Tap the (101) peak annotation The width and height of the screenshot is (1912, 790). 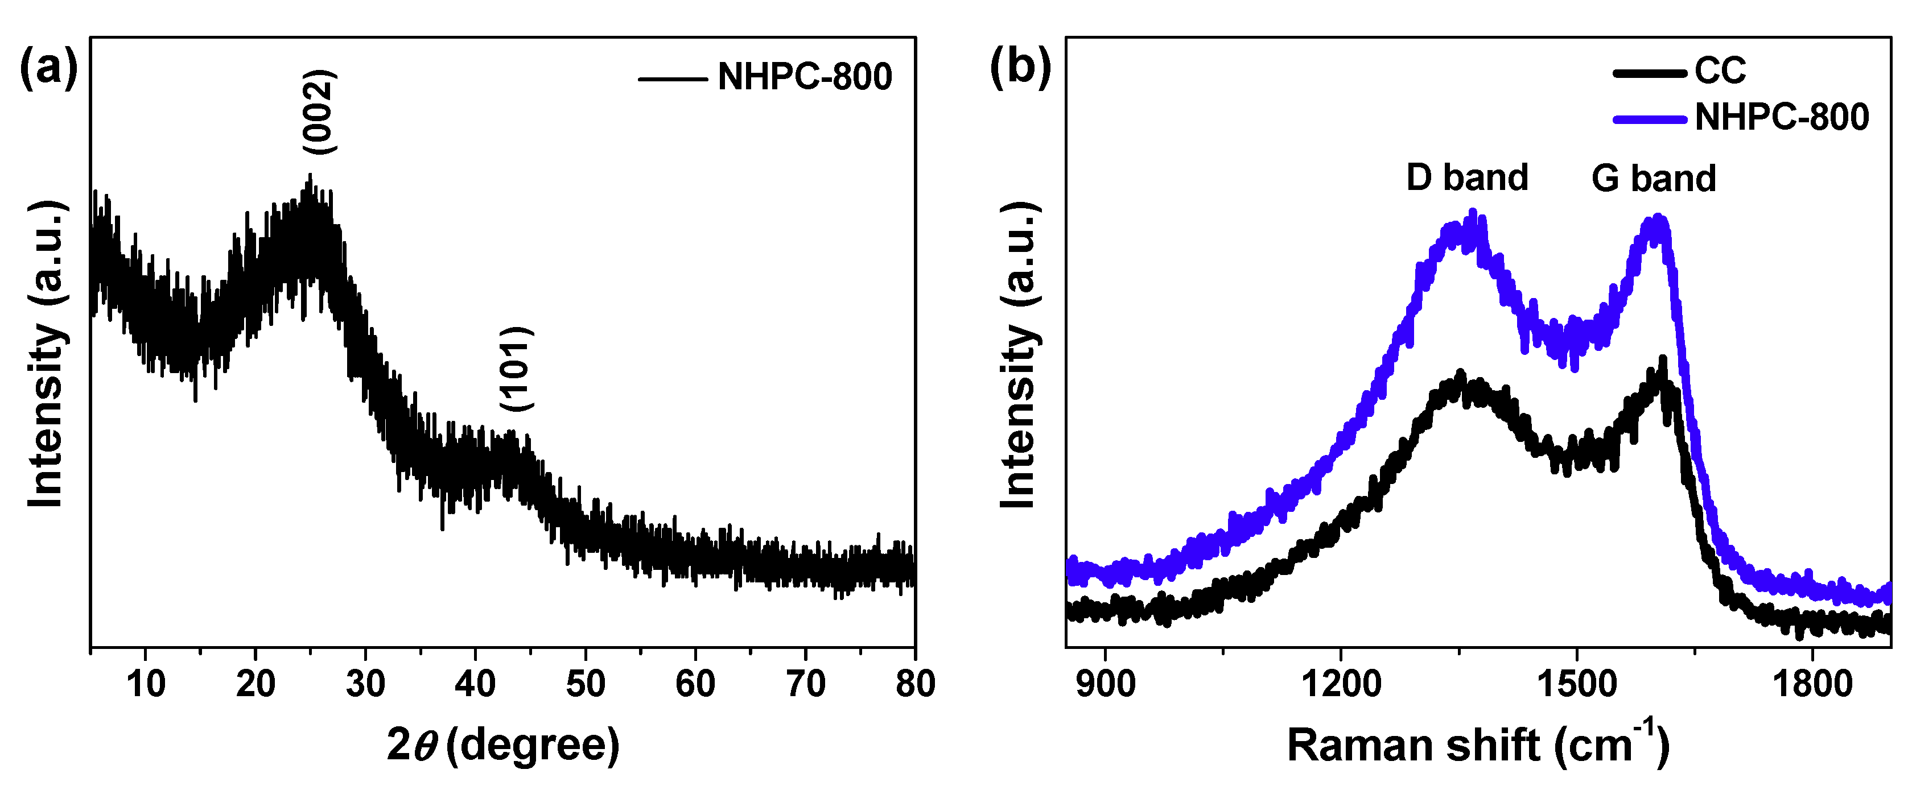tap(517, 369)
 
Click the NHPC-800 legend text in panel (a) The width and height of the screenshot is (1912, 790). tap(805, 77)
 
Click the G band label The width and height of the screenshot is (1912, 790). tap(1654, 179)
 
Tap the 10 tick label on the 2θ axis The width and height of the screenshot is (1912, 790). tap(146, 684)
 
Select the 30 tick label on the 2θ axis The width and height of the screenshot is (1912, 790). tap(365, 684)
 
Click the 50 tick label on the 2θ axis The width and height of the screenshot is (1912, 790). tap(586, 684)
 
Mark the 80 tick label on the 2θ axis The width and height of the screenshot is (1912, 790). tap(915, 684)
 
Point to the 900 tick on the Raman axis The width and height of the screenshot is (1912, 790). tap(1105, 684)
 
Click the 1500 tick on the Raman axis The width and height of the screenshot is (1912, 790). tap(1576, 684)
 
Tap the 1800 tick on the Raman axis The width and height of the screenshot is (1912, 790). tap(1812, 684)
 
